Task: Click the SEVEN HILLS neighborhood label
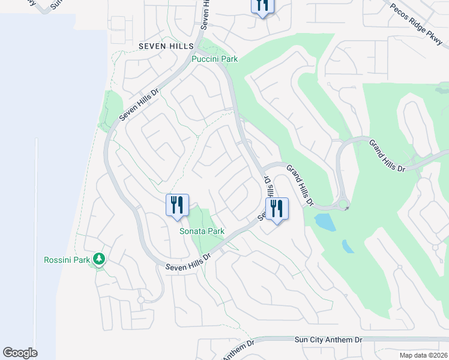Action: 166,46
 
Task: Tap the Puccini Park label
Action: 214,59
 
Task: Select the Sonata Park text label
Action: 202,231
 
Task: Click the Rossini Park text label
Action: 66,260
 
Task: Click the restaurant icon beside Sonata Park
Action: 177,205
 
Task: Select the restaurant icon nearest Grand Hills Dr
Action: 277,209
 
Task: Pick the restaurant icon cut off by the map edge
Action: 262,6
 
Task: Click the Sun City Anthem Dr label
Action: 328,340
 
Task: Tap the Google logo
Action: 20,353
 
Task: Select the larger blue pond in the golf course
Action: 325,223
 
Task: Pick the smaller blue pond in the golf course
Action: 348,246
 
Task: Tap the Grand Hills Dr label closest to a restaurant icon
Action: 300,185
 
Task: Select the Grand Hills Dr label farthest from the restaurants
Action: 387,155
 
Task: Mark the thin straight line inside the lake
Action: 36,240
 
